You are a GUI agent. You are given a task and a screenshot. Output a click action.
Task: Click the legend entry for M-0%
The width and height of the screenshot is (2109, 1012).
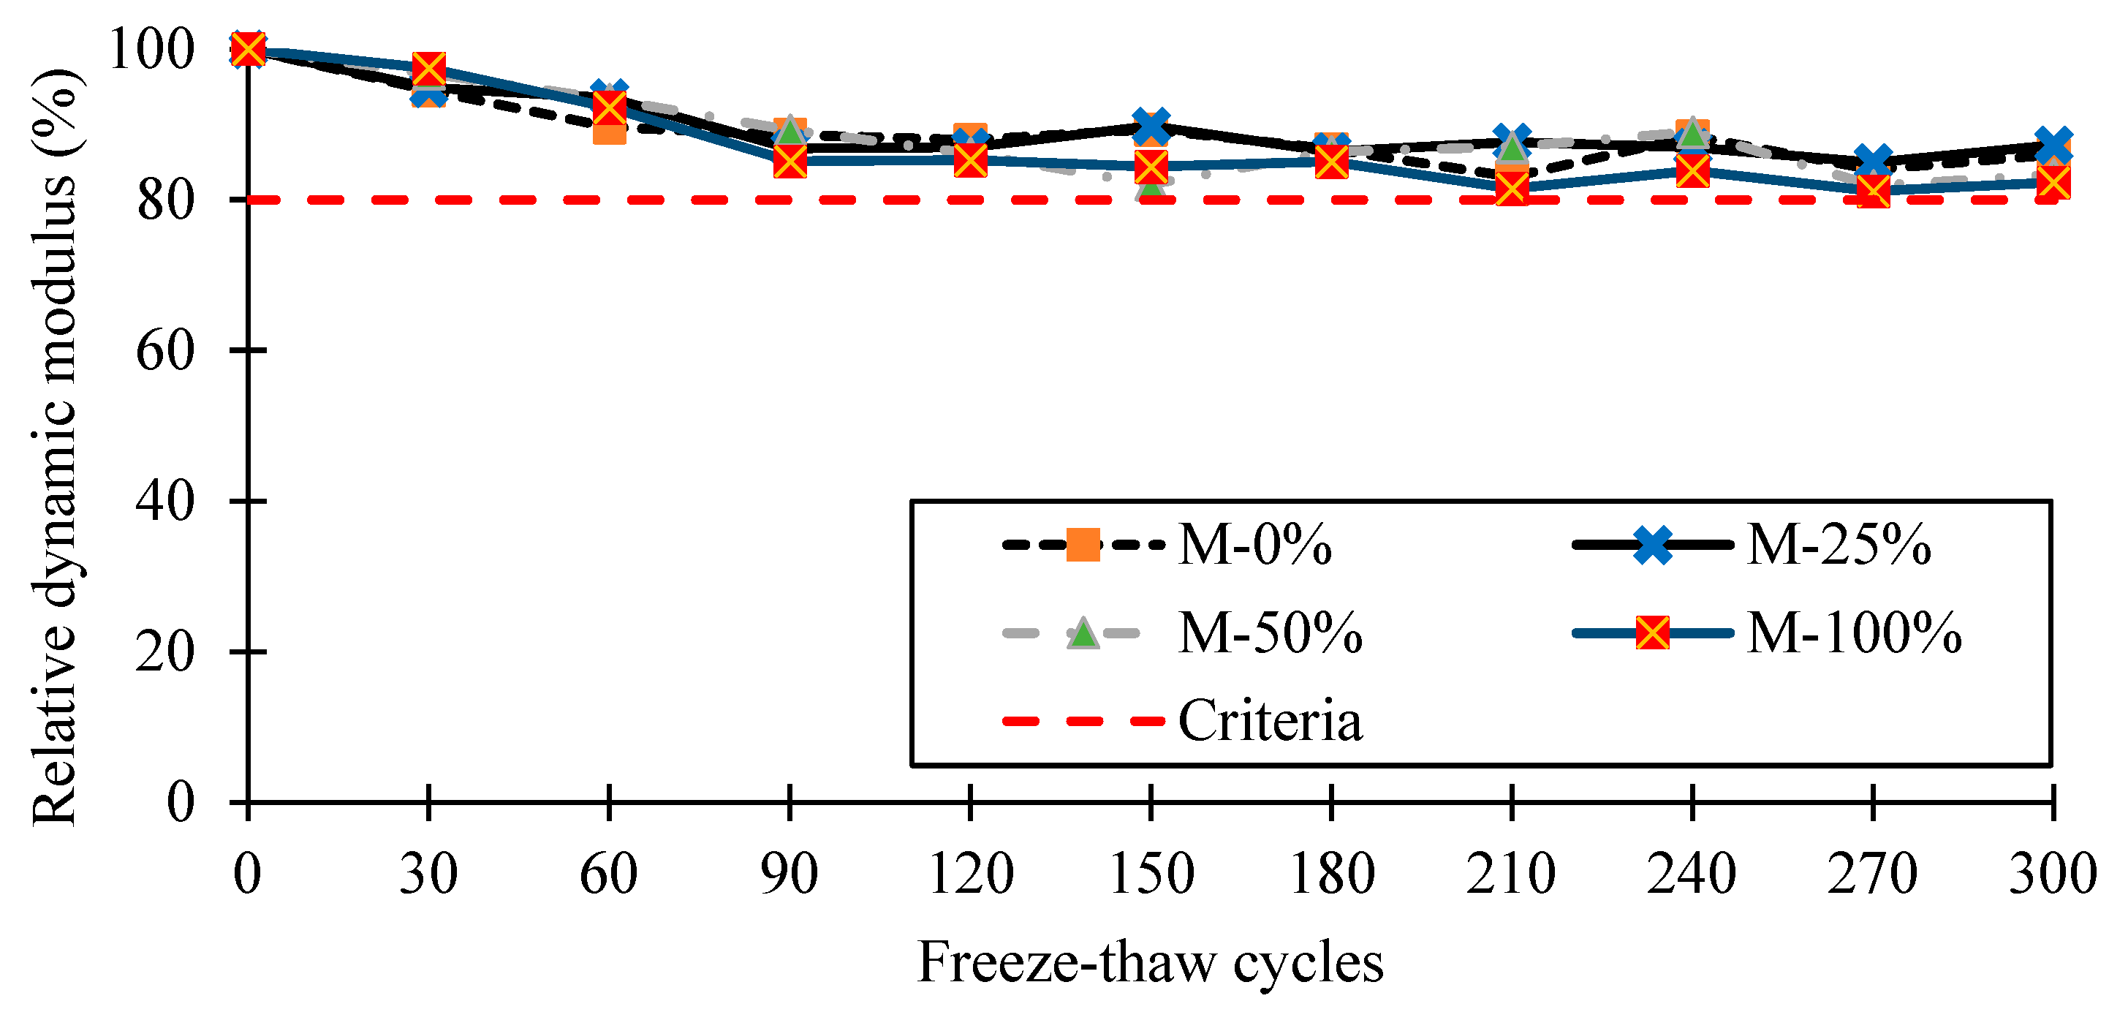point(1254,545)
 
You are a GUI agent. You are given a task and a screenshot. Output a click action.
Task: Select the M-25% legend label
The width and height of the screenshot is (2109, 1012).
point(1838,545)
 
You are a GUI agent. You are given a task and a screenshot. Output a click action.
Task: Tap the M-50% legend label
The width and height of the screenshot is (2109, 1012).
point(1270,633)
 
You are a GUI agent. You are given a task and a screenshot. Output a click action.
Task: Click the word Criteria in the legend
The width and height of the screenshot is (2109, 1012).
point(1270,721)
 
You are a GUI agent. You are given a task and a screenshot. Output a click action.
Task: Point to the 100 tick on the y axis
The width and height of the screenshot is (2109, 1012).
point(151,49)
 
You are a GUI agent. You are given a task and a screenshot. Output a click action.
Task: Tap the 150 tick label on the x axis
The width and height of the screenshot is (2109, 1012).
point(1151,874)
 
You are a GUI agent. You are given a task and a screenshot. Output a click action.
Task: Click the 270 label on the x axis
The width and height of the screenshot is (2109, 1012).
point(1872,874)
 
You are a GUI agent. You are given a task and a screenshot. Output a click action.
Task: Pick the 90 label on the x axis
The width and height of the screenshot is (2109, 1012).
point(790,874)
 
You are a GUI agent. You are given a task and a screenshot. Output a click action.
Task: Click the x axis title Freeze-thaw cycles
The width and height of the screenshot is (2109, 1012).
point(1151,962)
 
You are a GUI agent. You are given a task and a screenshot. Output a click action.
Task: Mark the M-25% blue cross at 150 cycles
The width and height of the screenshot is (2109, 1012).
point(1151,125)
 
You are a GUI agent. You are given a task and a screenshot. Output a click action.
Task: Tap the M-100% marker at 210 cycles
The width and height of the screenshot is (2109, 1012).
point(1511,189)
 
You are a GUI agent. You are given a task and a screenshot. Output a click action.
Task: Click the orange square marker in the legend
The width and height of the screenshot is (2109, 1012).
point(1083,545)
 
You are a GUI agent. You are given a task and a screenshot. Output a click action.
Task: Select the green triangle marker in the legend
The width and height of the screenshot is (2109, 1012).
point(1083,633)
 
